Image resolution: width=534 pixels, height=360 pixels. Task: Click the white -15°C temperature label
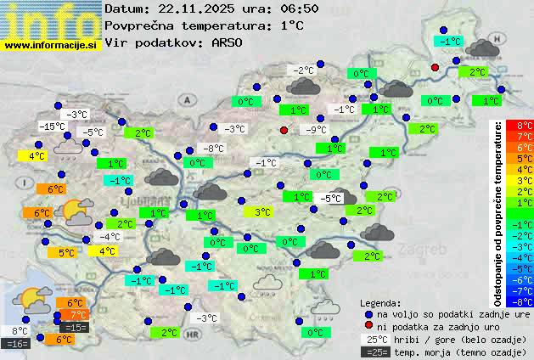point(53,127)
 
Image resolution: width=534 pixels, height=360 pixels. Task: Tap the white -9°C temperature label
point(317,130)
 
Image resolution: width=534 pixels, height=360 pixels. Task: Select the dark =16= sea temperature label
point(17,344)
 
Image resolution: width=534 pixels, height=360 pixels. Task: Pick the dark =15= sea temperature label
point(76,327)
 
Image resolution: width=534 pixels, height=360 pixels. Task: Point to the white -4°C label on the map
point(110,237)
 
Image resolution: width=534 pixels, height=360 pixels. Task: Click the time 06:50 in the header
point(298,8)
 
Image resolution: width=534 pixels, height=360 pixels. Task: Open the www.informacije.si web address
point(51,45)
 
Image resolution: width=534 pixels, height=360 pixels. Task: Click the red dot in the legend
point(368,326)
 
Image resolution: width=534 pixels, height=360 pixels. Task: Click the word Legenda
point(379,302)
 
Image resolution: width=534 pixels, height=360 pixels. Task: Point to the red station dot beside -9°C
point(284,130)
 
